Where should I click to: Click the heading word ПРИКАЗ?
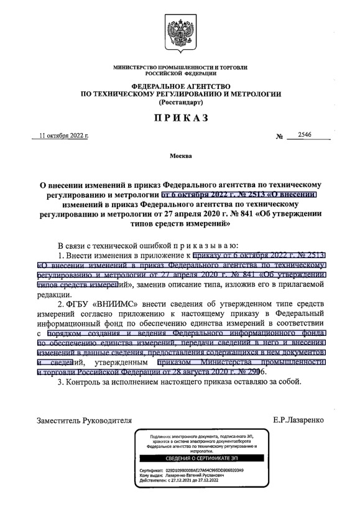click(x=180, y=118)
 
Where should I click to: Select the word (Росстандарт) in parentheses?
click(x=180, y=101)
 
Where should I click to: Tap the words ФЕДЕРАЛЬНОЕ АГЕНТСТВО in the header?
click(x=180, y=85)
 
